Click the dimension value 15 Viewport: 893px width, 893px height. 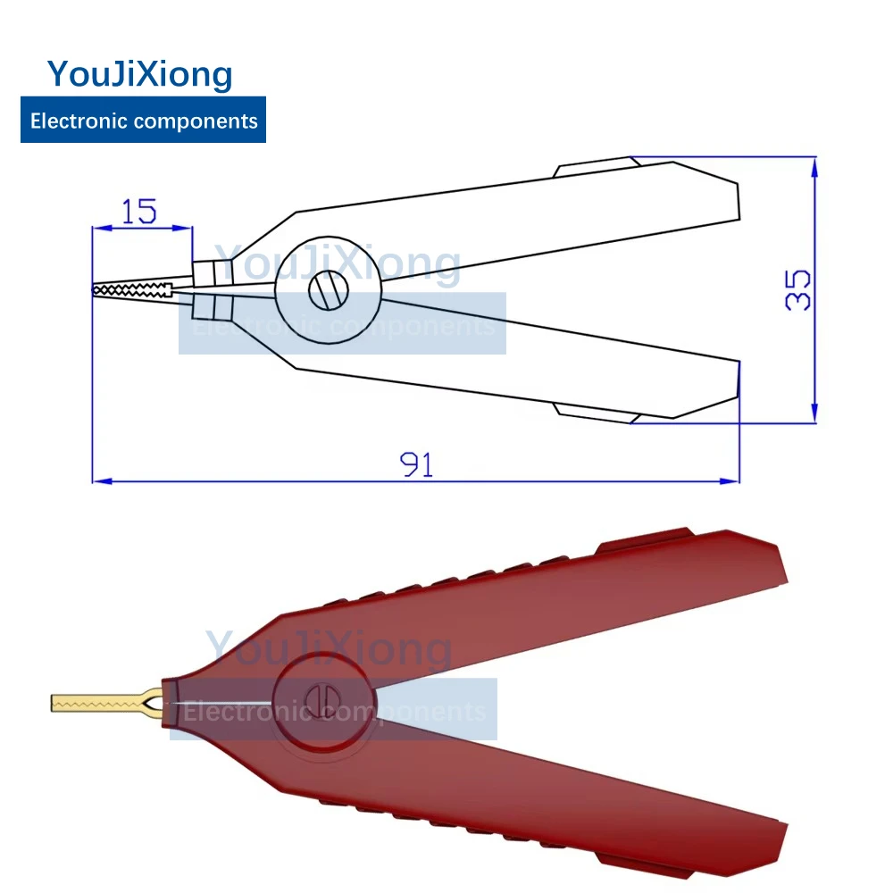click(x=139, y=212)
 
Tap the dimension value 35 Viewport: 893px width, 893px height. click(x=797, y=290)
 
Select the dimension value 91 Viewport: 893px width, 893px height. click(x=417, y=464)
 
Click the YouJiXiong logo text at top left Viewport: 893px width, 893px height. click(x=139, y=75)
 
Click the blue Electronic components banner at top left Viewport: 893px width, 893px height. click(x=143, y=120)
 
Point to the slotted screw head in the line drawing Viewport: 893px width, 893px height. click(x=329, y=290)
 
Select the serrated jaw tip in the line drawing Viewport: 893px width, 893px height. click(x=132, y=290)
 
